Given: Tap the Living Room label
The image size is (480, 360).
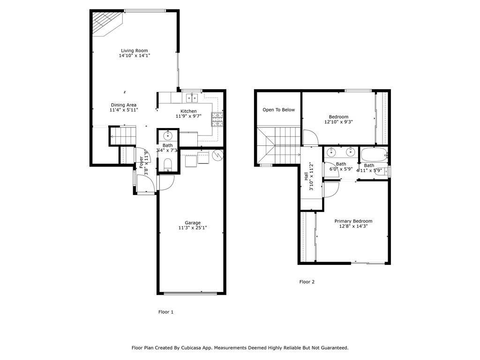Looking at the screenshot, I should pyautogui.click(x=134, y=51).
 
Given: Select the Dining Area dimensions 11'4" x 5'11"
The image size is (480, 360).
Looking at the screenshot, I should pyautogui.click(x=123, y=110).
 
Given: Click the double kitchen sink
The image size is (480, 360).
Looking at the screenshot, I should pyautogui.click(x=191, y=97).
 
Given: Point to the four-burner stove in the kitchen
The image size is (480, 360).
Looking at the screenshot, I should pyautogui.click(x=217, y=120).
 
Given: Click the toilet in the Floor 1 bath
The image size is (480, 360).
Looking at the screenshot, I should pyautogui.click(x=168, y=164).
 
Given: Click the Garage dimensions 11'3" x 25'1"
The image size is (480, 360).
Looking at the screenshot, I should pyautogui.click(x=192, y=228).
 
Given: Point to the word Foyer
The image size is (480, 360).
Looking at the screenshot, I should pyautogui.click(x=141, y=162).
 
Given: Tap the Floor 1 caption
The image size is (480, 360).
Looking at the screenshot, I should pyautogui.click(x=166, y=312).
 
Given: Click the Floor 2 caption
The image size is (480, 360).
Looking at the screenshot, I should pyautogui.click(x=307, y=282).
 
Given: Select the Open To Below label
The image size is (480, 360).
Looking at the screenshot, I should pyautogui.click(x=278, y=110).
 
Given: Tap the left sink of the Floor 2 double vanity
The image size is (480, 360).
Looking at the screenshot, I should pyautogui.click(x=332, y=152).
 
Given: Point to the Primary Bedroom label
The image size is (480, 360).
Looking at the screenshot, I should pyautogui.click(x=353, y=221).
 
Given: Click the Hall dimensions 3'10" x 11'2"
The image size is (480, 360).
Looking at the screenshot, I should pyautogui.click(x=311, y=176).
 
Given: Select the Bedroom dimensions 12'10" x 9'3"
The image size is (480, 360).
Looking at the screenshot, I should pyautogui.click(x=338, y=122).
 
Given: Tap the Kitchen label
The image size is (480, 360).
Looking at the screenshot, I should pyautogui.click(x=188, y=111).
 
